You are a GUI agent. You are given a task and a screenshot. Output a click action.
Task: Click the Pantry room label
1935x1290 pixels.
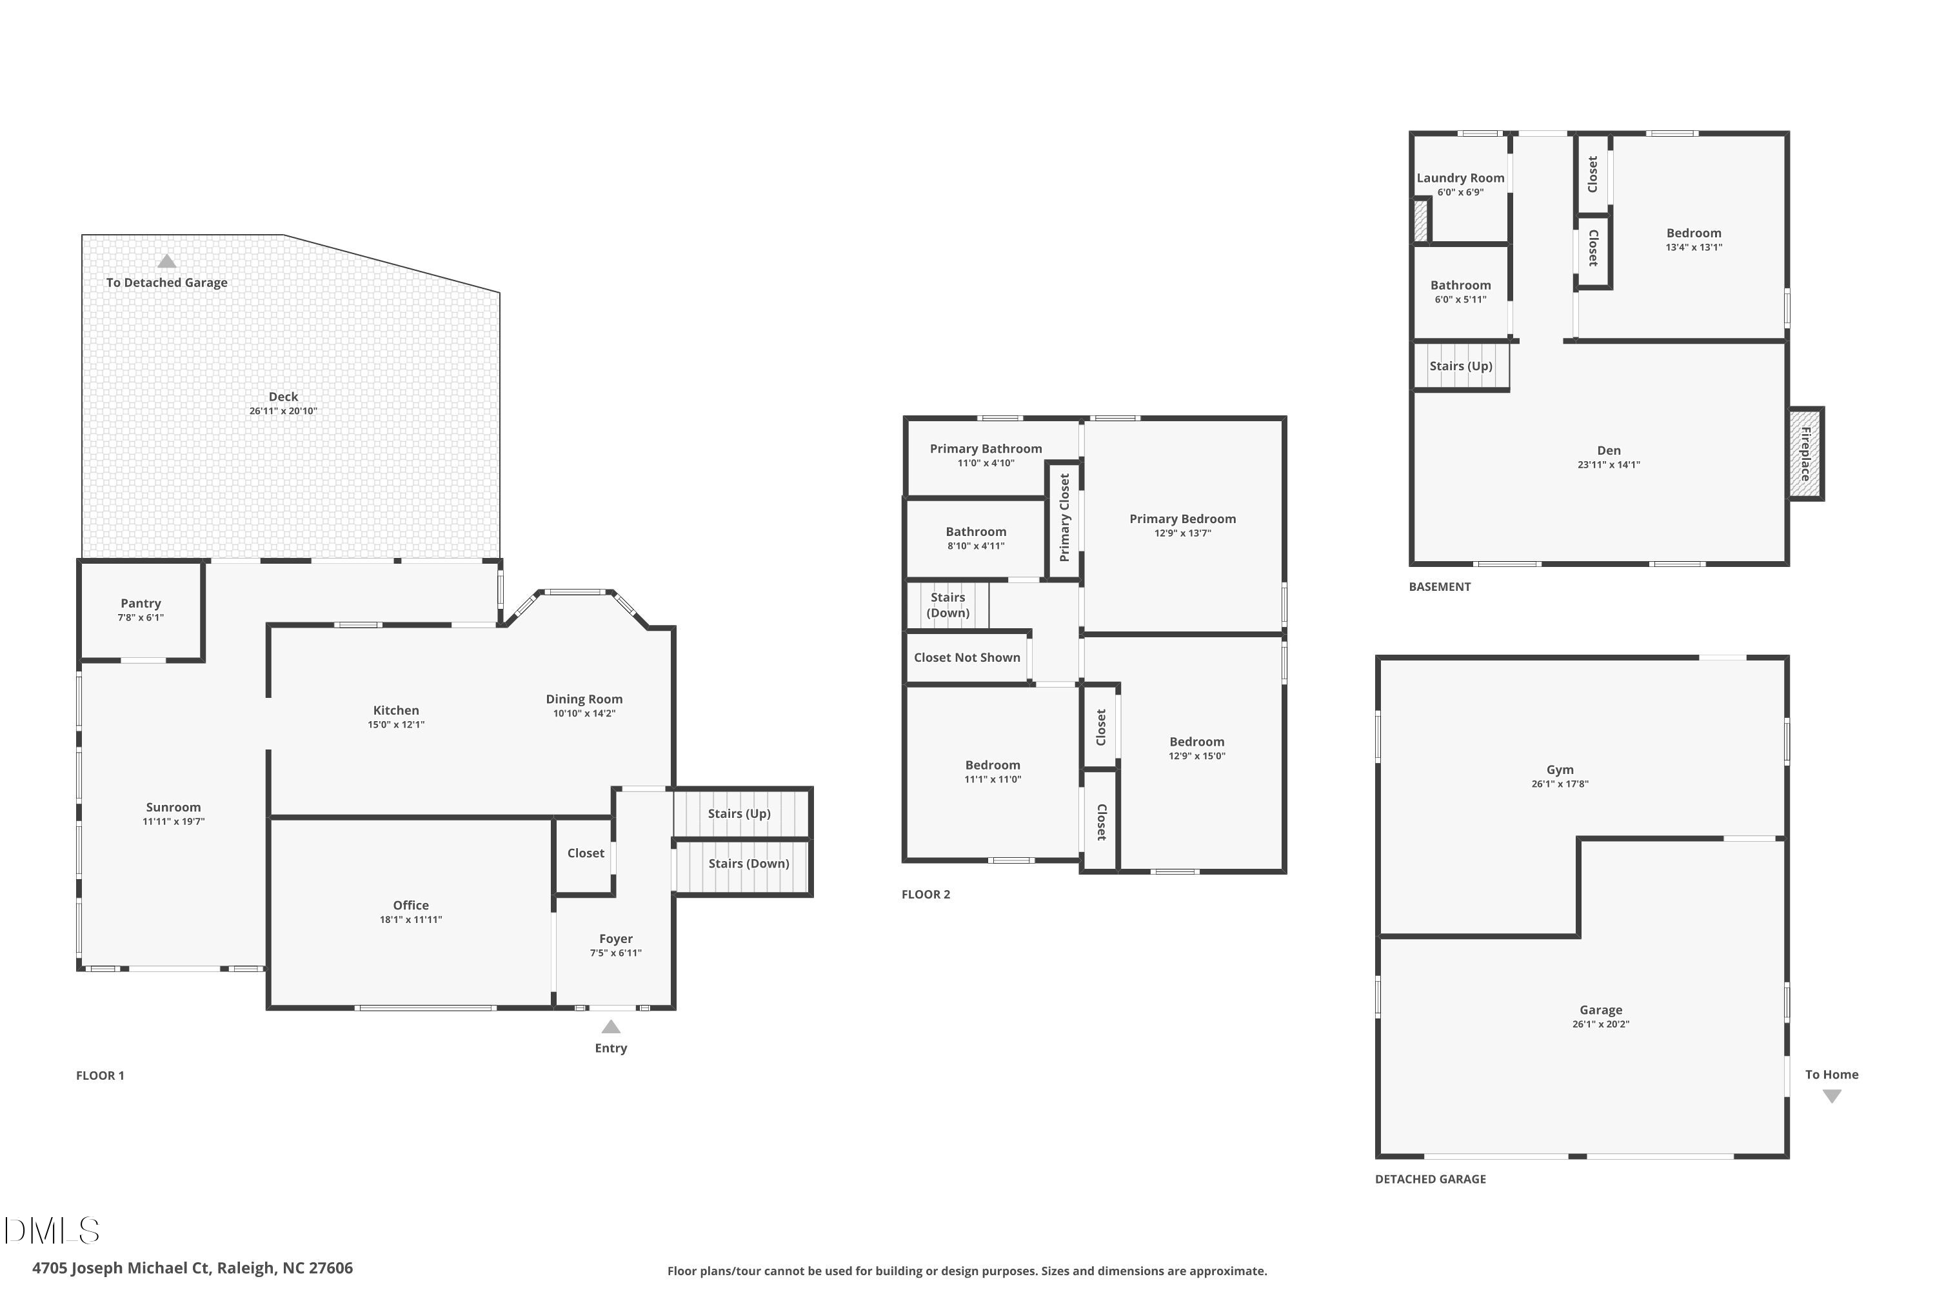(x=141, y=603)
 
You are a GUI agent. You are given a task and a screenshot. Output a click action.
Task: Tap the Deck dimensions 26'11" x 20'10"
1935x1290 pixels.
(x=283, y=410)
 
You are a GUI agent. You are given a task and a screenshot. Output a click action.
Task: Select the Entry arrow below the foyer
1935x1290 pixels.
(x=610, y=1027)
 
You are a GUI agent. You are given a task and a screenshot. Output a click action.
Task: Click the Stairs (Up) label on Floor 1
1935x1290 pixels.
(x=739, y=813)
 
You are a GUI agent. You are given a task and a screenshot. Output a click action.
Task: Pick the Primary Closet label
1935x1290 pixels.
(x=1064, y=517)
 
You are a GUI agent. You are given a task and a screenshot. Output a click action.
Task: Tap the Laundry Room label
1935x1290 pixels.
(x=1460, y=178)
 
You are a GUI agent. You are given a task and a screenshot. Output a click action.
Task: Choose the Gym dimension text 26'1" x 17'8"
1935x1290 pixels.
(x=1560, y=784)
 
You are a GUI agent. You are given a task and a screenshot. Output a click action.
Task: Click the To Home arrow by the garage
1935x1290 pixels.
(x=1831, y=1096)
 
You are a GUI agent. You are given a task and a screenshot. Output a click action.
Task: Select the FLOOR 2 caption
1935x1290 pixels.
(x=926, y=894)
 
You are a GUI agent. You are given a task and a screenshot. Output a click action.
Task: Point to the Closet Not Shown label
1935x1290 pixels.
(x=967, y=657)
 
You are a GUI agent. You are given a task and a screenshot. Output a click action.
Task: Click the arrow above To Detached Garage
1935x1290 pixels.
(x=167, y=261)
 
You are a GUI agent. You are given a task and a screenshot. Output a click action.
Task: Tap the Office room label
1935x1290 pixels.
(x=410, y=905)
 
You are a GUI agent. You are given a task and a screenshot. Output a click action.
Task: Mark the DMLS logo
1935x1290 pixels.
(x=52, y=1231)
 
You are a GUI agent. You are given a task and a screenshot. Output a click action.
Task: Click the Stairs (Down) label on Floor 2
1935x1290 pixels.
(x=948, y=605)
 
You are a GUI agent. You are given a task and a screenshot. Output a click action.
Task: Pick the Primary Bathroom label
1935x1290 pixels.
(x=986, y=448)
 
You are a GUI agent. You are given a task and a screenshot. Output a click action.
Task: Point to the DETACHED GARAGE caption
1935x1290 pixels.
(x=1430, y=1179)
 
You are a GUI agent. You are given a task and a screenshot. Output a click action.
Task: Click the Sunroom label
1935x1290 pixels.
(x=174, y=807)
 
